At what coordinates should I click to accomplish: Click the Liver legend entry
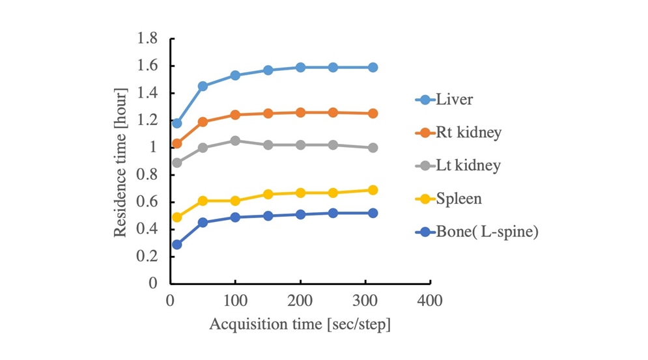coord(455,100)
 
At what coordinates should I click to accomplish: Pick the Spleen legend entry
coord(459,199)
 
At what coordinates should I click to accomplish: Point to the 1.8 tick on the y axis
coord(148,39)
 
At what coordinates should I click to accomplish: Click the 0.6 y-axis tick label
coord(148,202)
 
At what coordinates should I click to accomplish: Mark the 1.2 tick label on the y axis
coord(148,120)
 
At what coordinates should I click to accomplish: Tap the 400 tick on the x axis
coord(430,301)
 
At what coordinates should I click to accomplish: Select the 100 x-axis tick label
coord(235,301)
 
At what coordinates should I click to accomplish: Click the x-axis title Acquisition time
coord(300,324)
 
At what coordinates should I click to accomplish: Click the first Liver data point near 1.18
coord(176,123)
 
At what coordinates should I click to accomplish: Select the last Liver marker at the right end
coord(373,67)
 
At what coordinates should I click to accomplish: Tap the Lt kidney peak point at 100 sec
coord(235,141)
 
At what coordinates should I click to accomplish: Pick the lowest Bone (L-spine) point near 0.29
coord(176,244)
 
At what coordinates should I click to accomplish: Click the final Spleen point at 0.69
coord(373,190)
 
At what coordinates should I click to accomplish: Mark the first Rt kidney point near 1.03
coord(176,143)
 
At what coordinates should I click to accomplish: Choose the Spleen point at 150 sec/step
coord(268,194)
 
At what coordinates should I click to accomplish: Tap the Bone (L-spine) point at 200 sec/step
coord(300,214)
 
